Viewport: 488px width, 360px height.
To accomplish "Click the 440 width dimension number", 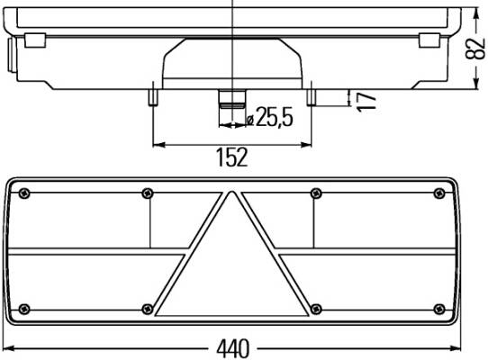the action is pyautogui.click(x=233, y=348).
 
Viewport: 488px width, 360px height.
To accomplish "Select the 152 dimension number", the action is pyautogui.click(x=232, y=157).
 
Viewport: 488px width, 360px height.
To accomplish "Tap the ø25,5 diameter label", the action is pyautogui.click(x=269, y=117).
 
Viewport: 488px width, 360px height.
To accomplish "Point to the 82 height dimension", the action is pyautogui.click(x=474, y=49).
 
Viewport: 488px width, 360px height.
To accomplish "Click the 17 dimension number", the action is pyautogui.click(x=366, y=101).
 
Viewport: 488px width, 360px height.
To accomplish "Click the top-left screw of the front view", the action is pyautogui.click(x=24, y=193).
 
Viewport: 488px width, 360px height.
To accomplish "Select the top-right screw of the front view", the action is pyautogui.click(x=439, y=193).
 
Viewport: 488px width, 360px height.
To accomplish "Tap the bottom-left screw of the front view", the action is pyautogui.click(x=24, y=309).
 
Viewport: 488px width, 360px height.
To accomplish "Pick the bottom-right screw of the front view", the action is pyautogui.click(x=439, y=309).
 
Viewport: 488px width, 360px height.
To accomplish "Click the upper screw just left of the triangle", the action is pyautogui.click(x=147, y=193).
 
